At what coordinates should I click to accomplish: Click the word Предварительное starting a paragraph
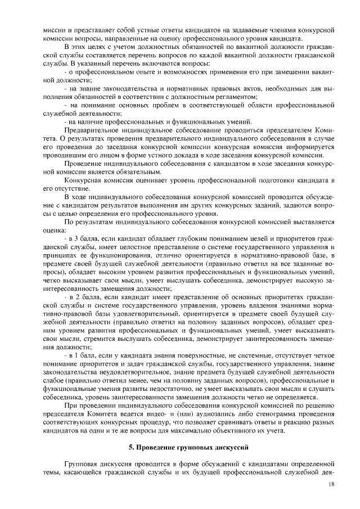[x=91, y=129]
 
